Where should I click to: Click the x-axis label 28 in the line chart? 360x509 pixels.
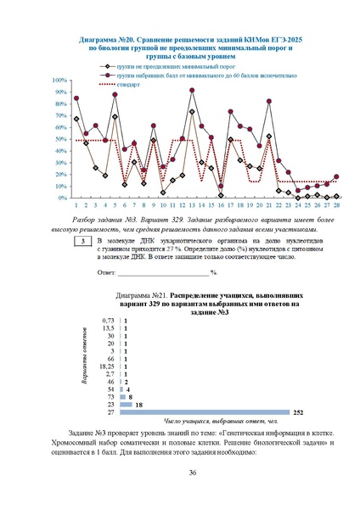[336, 204]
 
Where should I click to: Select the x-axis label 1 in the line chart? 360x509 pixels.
[76, 204]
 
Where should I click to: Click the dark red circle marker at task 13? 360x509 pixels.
[192, 90]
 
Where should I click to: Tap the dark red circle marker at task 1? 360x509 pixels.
[76, 98]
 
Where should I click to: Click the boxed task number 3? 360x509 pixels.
[83, 241]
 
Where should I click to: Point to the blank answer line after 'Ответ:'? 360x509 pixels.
[161, 272]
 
